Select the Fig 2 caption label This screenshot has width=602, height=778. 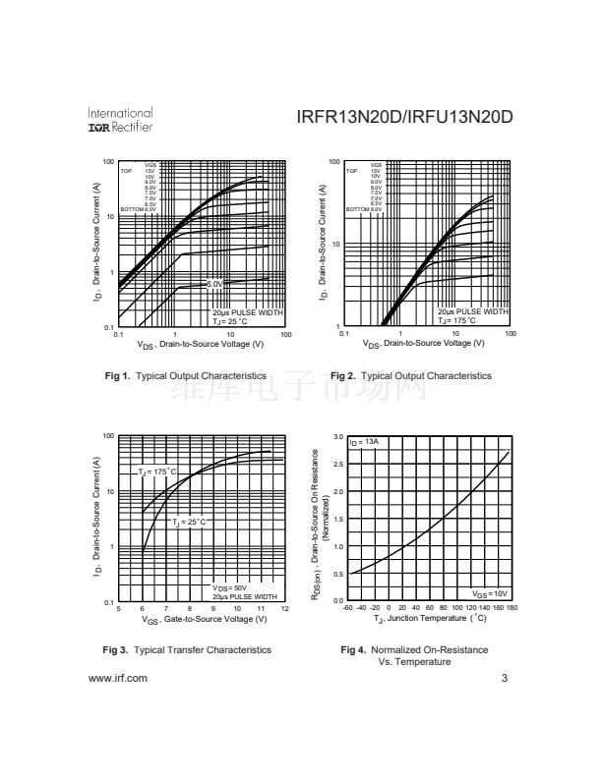click(411, 376)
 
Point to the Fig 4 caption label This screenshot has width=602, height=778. click(413, 649)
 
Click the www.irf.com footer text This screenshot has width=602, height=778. click(118, 678)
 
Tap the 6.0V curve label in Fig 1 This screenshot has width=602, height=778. click(214, 284)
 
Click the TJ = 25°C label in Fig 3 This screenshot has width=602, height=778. click(190, 522)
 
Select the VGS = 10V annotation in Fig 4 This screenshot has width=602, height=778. click(490, 593)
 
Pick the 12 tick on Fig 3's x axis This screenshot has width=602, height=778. click(285, 610)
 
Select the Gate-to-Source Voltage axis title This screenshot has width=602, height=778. click(202, 620)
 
